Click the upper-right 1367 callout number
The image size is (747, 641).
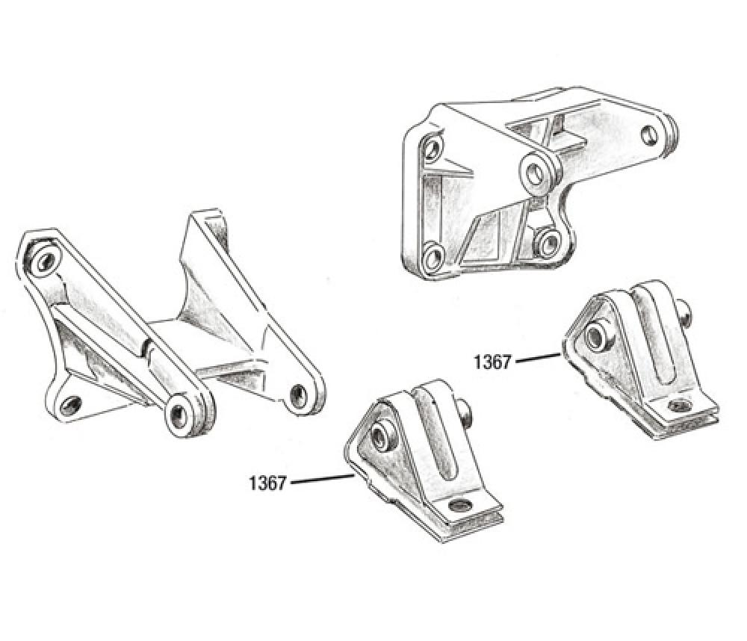(492, 362)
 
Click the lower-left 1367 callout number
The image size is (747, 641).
(267, 483)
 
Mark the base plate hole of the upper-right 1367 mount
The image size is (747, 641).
(678, 406)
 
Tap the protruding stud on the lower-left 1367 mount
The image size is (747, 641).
(465, 412)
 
